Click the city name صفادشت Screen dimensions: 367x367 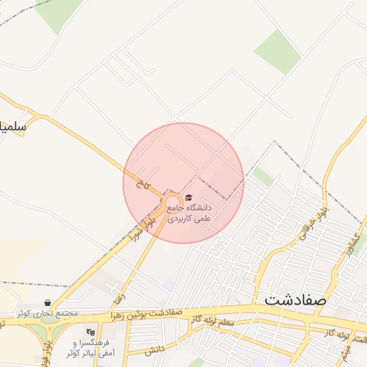(x=295, y=299)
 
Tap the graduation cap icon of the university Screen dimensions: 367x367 (x=189, y=198)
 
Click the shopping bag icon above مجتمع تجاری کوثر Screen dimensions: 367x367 (x=47, y=303)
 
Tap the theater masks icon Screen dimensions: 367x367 (x=90, y=333)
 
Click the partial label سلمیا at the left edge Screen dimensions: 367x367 (x=12, y=128)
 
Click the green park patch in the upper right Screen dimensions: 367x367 (x=277, y=51)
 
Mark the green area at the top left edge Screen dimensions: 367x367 (x=57, y=13)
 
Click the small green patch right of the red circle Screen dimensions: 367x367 (x=263, y=176)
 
